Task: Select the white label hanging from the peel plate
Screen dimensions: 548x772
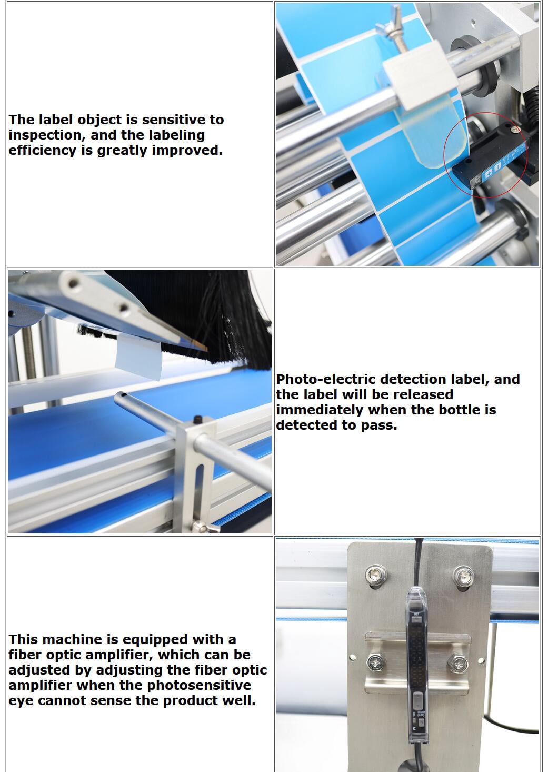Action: pyautogui.click(x=138, y=358)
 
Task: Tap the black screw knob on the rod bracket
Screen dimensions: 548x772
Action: pyautogui.click(x=197, y=419)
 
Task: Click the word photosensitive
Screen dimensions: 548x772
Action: pyautogui.click(x=199, y=686)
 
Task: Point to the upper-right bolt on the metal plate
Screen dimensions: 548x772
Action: pyautogui.click(x=463, y=575)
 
